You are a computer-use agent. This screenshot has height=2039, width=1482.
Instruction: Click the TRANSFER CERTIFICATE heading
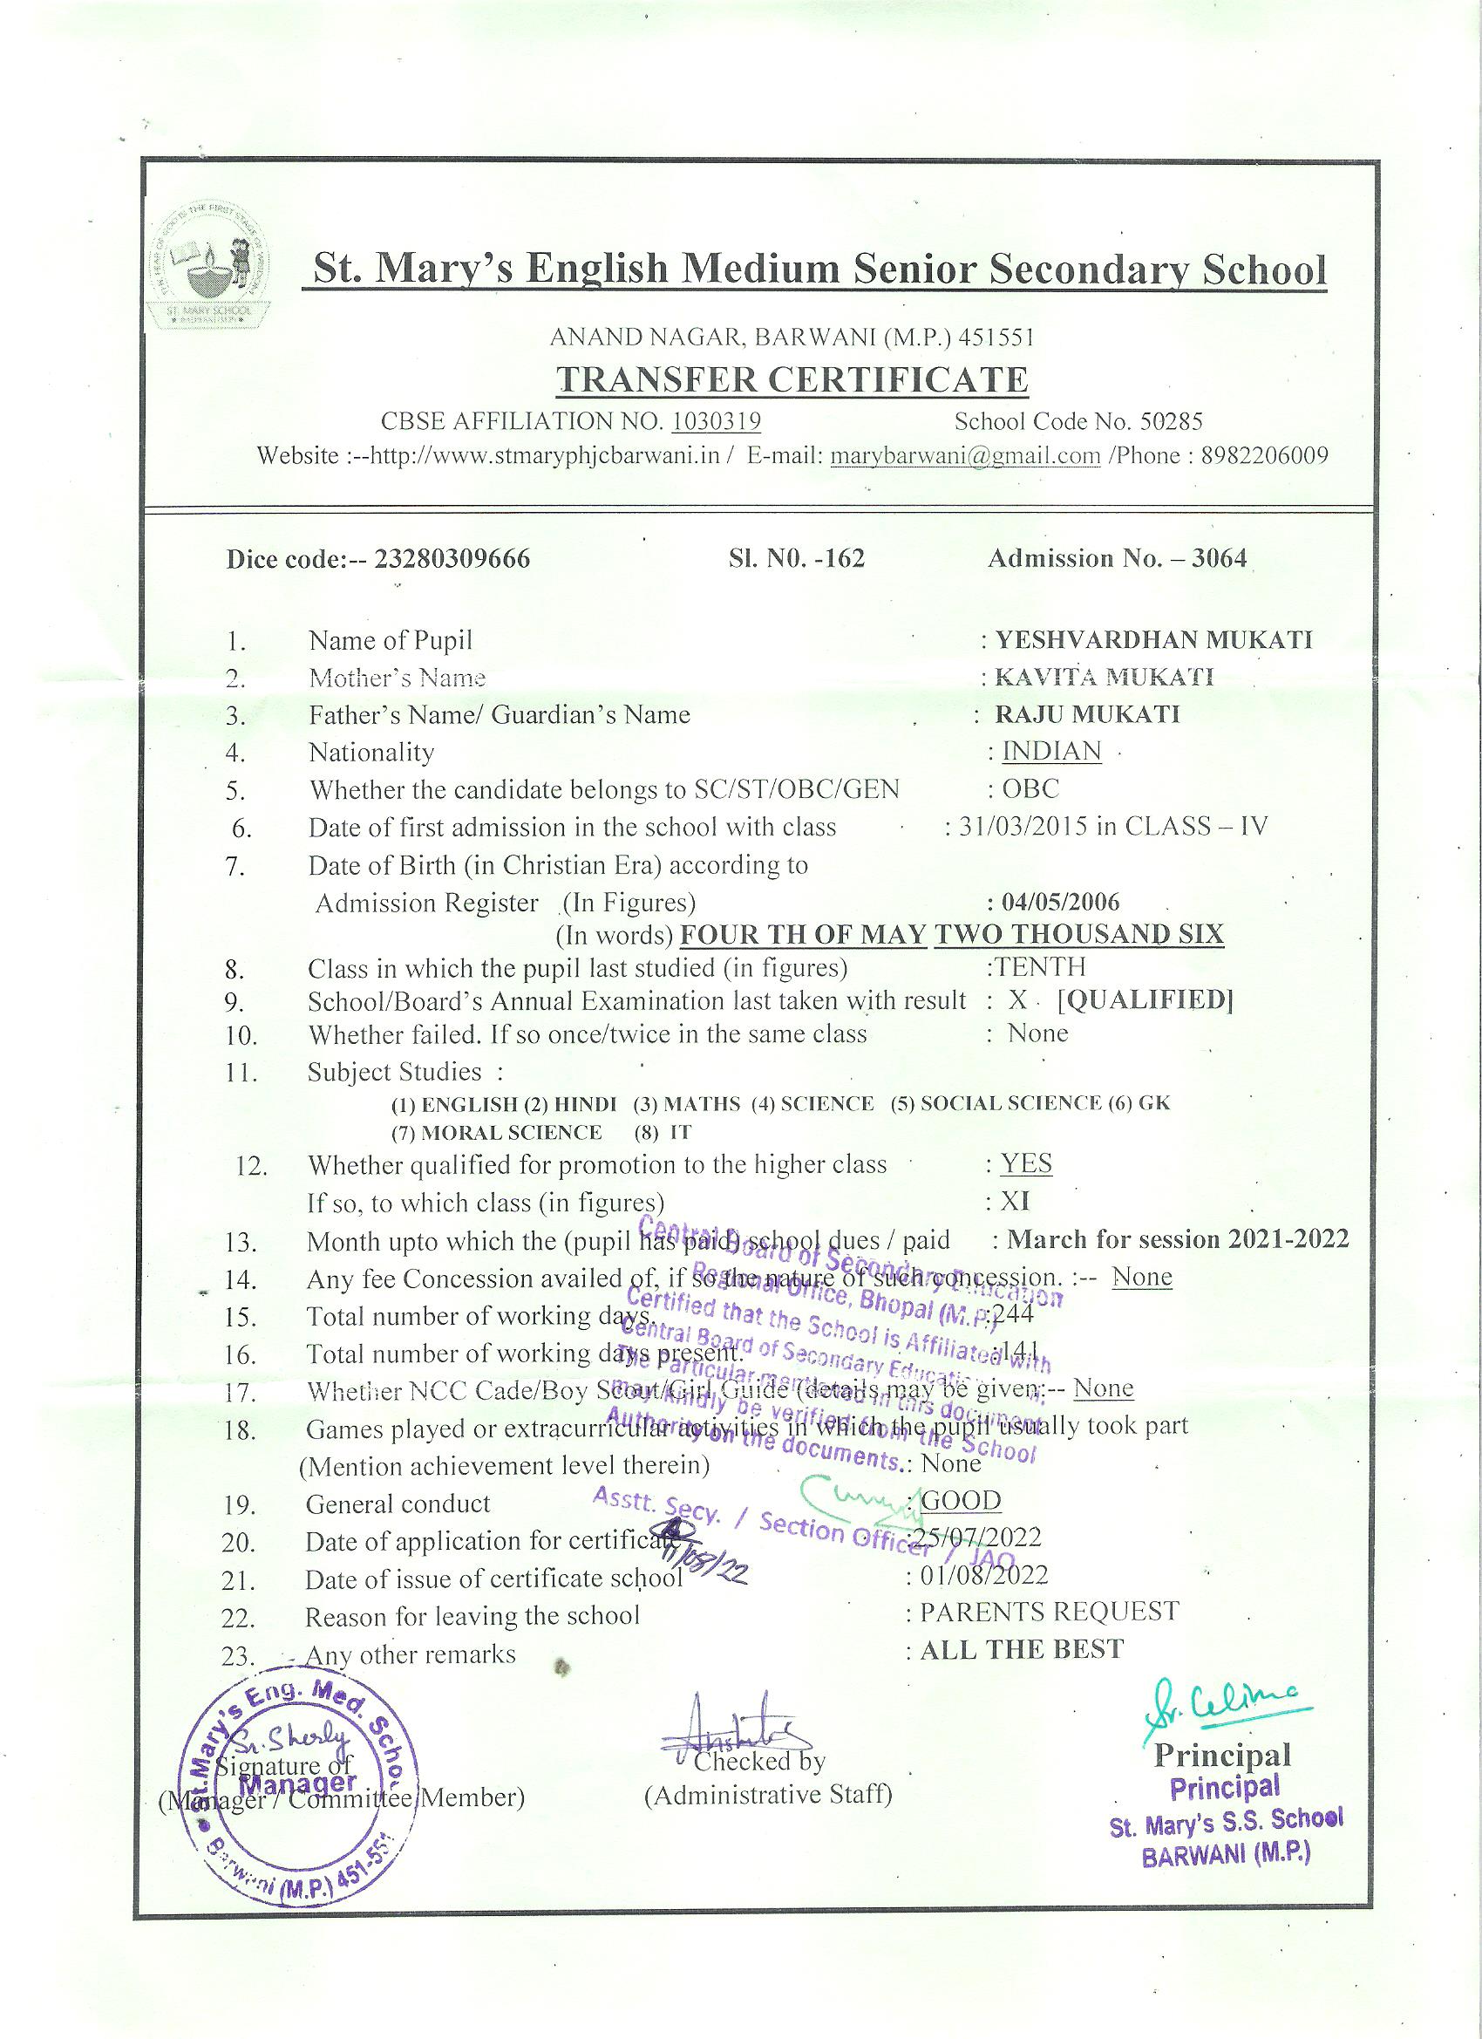tap(792, 379)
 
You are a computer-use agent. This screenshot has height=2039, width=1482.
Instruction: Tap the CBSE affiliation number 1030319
tap(717, 420)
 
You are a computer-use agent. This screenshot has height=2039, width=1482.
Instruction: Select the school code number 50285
tap(1170, 420)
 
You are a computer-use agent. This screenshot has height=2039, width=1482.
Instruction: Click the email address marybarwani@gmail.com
tap(965, 455)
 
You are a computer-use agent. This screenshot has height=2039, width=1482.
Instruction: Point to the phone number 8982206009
tap(1265, 455)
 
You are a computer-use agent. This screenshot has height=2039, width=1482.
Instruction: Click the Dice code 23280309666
tap(452, 559)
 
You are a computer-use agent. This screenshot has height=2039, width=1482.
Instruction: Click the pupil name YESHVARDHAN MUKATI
tap(1153, 640)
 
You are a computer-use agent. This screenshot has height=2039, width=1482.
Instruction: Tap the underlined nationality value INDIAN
tap(1051, 751)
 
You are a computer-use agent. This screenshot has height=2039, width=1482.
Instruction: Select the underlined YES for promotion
tap(1026, 1163)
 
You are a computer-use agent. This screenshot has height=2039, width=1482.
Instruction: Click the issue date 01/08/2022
tap(983, 1574)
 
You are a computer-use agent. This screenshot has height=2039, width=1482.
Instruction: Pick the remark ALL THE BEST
tap(1022, 1649)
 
